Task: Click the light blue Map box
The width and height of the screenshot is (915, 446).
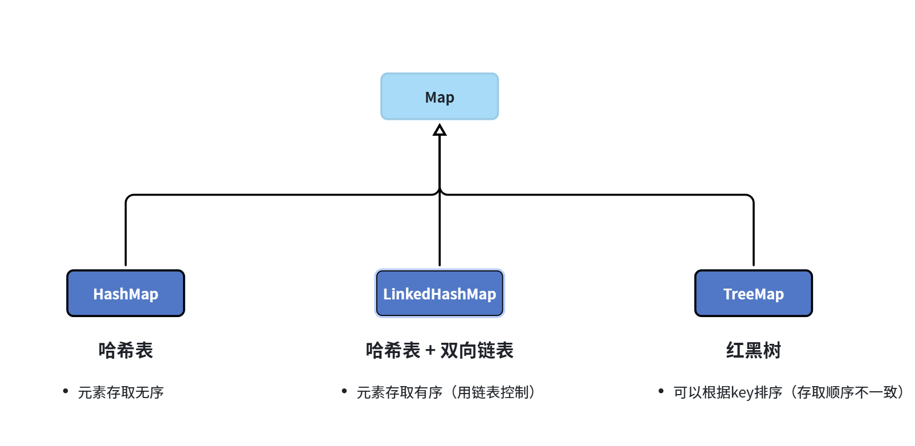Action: tap(439, 96)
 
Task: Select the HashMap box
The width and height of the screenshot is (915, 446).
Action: tap(125, 293)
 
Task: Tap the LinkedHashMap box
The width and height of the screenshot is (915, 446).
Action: tap(439, 293)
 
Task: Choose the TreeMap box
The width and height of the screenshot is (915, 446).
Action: tap(753, 293)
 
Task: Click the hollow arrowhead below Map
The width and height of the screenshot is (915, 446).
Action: tap(440, 131)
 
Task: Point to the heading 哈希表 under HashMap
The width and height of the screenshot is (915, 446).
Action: tap(125, 350)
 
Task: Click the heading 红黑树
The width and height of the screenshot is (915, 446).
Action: tap(753, 350)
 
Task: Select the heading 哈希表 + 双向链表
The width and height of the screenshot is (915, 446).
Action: tap(439, 350)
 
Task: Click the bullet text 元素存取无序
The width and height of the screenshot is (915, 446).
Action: tap(121, 392)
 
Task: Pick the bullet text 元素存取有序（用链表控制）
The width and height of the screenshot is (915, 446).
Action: tap(446, 392)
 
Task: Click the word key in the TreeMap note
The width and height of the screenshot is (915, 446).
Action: tap(742, 392)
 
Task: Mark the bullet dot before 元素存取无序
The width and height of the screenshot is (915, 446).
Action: tap(66, 391)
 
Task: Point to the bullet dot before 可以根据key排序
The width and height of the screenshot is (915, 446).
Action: tap(661, 391)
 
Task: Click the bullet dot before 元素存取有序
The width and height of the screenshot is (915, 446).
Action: tap(344, 391)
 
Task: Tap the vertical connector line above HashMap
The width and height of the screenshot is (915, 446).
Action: tap(125, 234)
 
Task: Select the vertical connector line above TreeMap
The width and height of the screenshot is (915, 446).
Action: tap(753, 234)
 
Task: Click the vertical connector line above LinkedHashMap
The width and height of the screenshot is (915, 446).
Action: tap(440, 234)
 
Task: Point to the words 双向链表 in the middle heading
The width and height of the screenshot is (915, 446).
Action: tap(477, 350)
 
